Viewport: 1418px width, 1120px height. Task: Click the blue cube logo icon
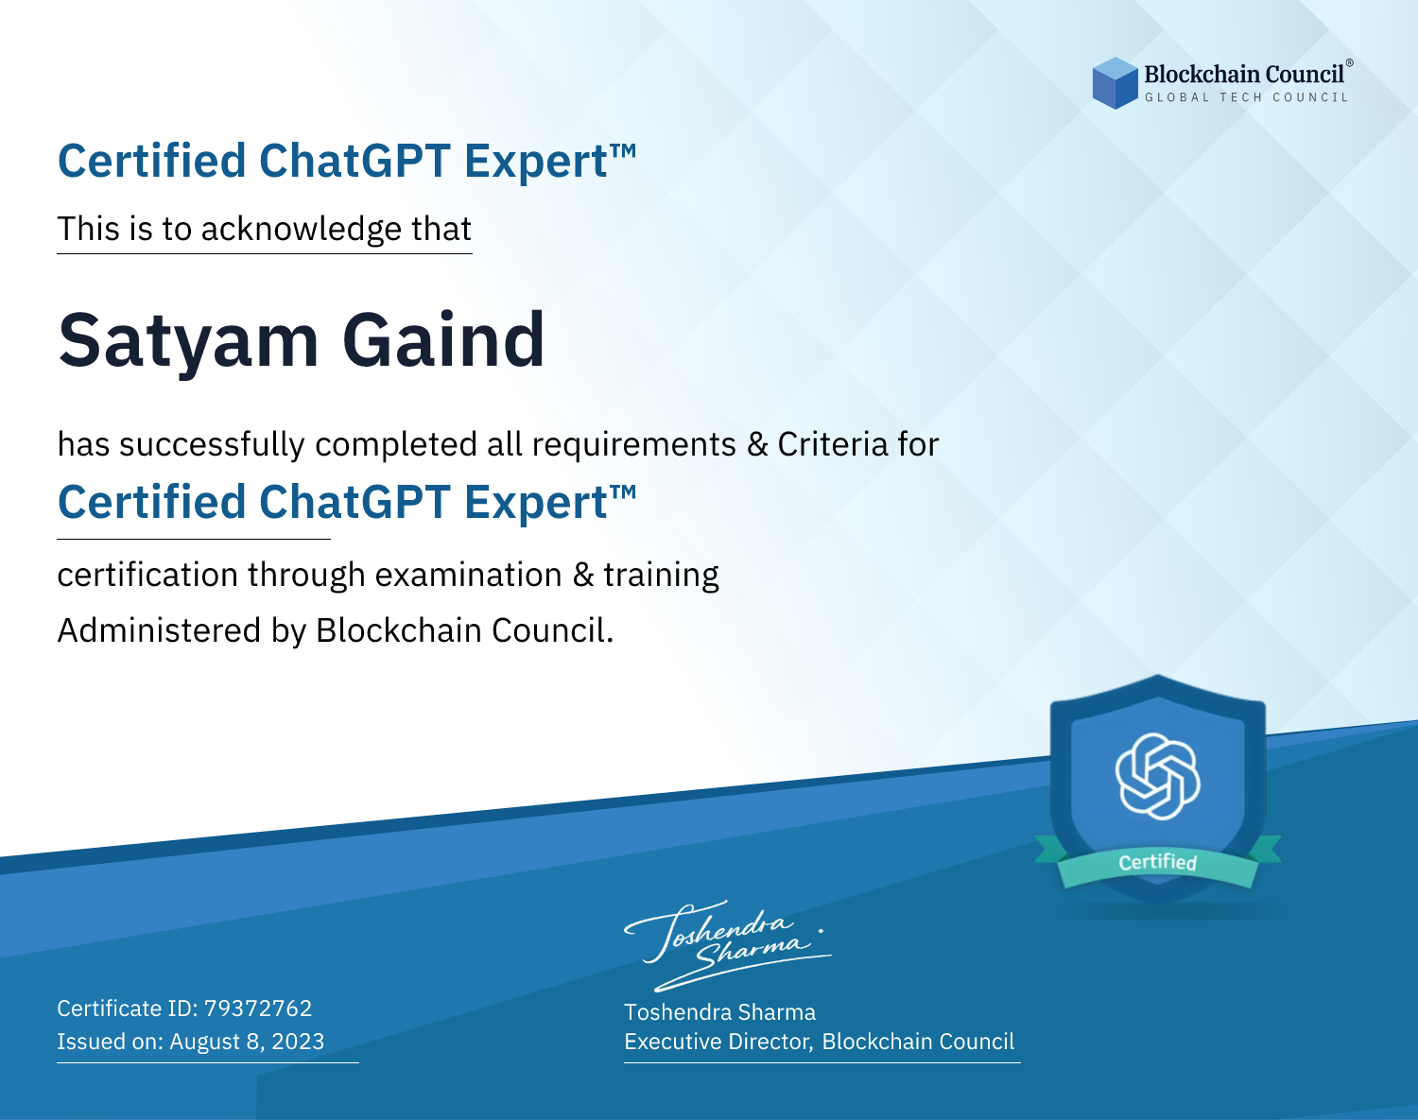1115,83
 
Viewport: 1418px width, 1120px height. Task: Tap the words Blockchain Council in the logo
1244,75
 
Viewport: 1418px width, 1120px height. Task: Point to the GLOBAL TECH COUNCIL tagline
1246,97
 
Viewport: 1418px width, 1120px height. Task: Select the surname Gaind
443,338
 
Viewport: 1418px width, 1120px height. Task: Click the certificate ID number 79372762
258,1008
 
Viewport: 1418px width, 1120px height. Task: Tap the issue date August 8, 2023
247,1042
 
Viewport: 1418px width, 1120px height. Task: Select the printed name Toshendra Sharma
719,1012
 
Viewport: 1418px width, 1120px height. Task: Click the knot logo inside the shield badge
1158,776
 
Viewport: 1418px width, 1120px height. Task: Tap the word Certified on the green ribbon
1158,862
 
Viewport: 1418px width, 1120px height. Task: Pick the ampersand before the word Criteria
758,444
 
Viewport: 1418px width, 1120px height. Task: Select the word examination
469,575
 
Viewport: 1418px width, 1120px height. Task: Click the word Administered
159,629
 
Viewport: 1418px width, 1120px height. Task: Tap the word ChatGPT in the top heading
354,161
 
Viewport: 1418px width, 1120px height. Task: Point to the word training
661,576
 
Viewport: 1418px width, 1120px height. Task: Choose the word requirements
634,445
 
